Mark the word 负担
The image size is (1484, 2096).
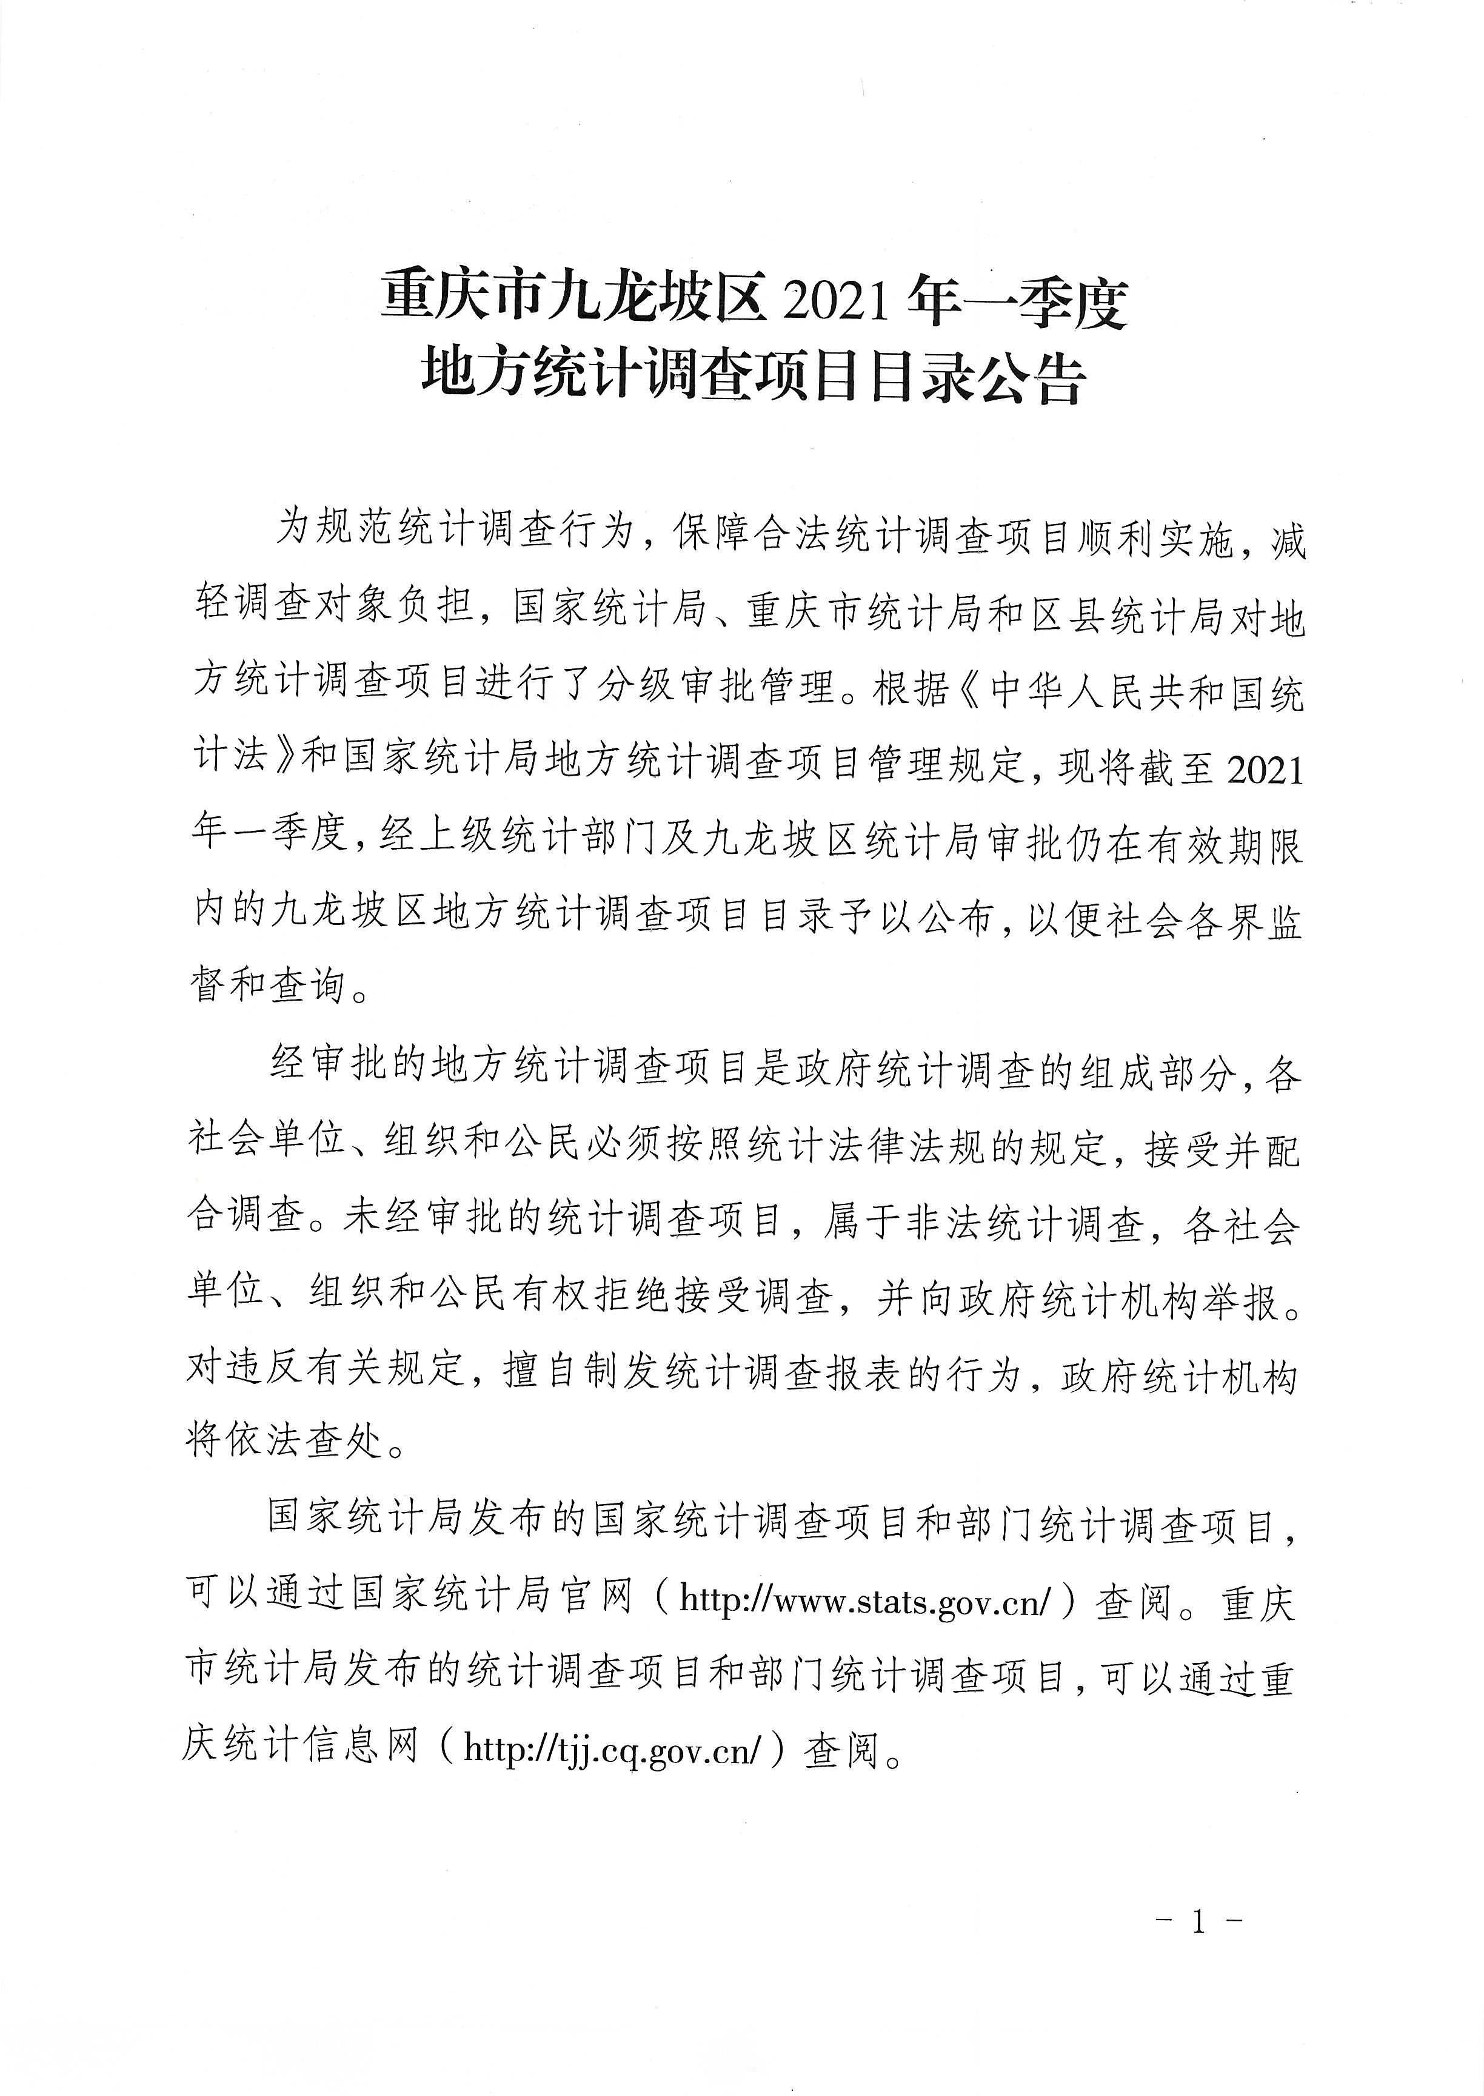click(433, 606)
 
